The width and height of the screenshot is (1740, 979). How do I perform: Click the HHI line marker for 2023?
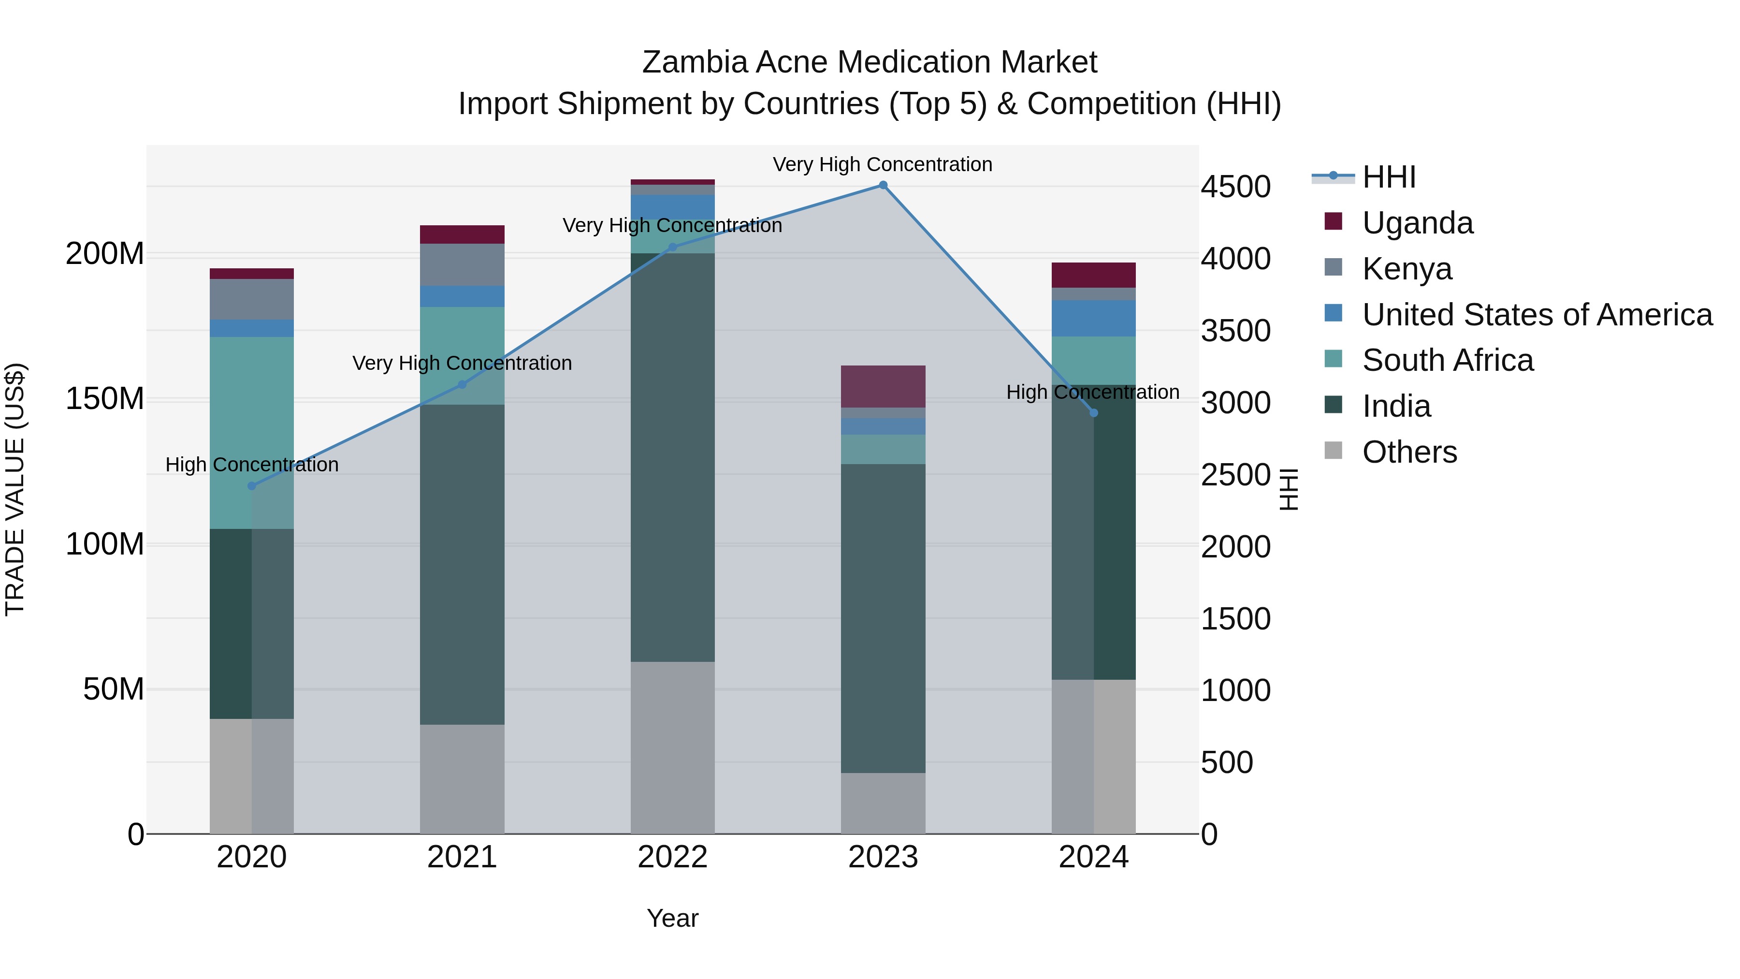[883, 185]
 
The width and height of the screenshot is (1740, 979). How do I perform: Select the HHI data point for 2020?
[252, 486]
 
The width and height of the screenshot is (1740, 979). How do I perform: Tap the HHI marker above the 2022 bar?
[672, 247]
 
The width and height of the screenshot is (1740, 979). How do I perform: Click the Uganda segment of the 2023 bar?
[883, 386]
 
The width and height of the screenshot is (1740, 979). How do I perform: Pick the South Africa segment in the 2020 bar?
[251, 432]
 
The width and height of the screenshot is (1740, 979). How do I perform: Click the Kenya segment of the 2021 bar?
[462, 265]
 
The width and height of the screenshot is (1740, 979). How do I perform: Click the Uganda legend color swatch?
[1334, 221]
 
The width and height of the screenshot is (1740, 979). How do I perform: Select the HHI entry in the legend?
[1388, 177]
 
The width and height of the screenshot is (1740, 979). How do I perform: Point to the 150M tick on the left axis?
[105, 399]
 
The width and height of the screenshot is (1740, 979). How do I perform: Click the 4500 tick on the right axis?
[1235, 187]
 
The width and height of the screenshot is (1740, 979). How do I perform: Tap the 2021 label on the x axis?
[462, 857]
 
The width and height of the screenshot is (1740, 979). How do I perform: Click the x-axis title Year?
[672, 918]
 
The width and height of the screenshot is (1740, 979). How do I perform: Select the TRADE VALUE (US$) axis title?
[15, 489]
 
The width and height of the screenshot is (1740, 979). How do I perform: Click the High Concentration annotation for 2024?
[1092, 392]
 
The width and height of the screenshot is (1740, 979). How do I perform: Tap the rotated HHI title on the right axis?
[1289, 489]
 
